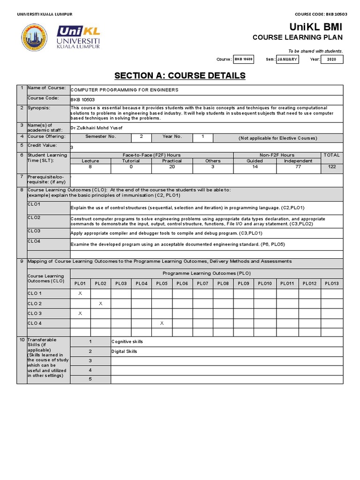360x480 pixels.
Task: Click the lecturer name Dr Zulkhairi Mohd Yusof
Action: (x=97, y=127)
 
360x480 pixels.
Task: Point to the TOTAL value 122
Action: (x=332, y=167)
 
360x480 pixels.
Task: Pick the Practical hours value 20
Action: (x=172, y=167)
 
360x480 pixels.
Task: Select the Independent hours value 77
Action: (x=298, y=167)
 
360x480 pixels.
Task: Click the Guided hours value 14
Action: (x=255, y=167)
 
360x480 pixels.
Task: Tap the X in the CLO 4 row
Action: (x=162, y=323)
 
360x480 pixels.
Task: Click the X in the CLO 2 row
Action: (x=100, y=303)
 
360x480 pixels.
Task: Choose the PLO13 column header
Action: (x=332, y=283)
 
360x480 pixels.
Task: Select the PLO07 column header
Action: (x=202, y=283)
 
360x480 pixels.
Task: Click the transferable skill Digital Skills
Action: (x=124, y=352)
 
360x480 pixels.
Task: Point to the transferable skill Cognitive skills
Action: (x=127, y=342)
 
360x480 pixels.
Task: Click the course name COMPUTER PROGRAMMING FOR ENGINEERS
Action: (x=124, y=90)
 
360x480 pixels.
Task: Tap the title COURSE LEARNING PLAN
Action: (x=298, y=37)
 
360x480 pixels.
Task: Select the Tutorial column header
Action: (x=131, y=161)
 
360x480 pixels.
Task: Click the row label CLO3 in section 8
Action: (x=34, y=231)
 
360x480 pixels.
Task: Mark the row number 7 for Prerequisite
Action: (x=22, y=177)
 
